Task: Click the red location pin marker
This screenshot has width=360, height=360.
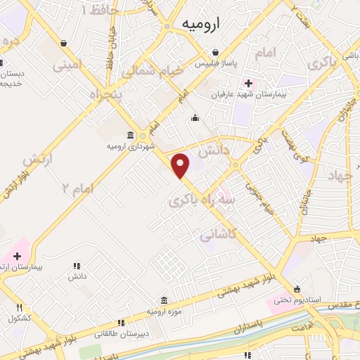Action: [181, 165]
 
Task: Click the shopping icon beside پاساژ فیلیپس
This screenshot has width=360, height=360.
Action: [215, 52]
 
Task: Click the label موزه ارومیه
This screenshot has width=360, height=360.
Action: [164, 310]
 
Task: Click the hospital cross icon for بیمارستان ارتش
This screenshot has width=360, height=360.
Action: [17, 257]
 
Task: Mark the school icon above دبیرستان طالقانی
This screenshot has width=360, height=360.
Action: [121, 323]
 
